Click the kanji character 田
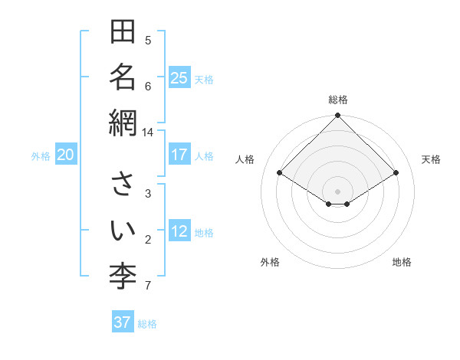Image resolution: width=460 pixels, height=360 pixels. point(123,33)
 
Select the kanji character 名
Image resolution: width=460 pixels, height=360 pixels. point(123,78)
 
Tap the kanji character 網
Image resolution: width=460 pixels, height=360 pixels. point(123,123)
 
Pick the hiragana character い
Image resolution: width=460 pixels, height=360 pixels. point(123,230)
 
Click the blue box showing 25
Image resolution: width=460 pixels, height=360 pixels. point(179,78)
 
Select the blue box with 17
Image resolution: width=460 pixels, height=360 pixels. point(179,155)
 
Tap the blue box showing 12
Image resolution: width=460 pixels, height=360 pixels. point(179,231)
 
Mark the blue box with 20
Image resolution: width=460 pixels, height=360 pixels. point(66,155)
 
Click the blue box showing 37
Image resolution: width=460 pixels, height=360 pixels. point(123,322)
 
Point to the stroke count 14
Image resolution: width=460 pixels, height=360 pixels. point(147,132)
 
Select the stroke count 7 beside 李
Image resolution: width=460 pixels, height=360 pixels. point(148,286)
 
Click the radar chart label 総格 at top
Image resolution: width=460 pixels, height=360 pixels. point(338,100)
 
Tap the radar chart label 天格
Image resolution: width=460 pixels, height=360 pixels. point(431,159)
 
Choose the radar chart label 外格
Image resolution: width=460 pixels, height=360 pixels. point(270,262)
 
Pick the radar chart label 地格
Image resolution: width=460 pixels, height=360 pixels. point(402,262)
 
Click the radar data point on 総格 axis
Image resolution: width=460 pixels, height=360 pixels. point(338,116)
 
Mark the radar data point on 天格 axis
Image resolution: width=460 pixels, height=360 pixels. point(396,173)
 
